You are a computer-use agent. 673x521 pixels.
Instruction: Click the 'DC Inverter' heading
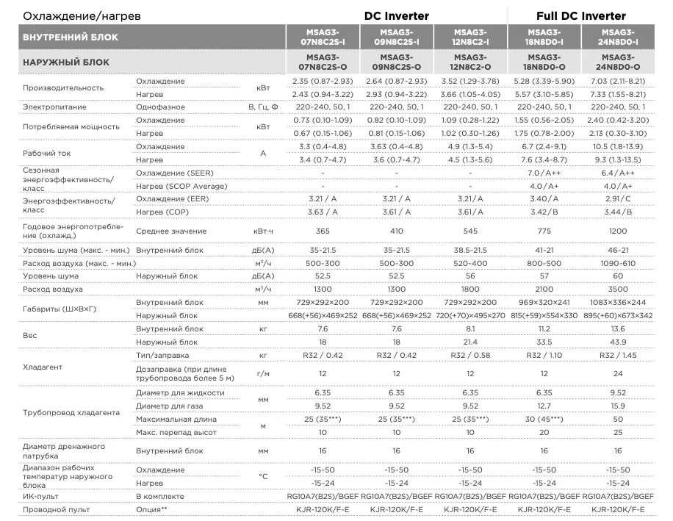pyautogui.click(x=397, y=15)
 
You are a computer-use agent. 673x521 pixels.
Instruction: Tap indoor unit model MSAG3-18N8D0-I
pyautogui.click(x=544, y=37)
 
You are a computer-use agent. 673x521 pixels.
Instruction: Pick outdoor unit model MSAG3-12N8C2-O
pyautogui.click(x=470, y=62)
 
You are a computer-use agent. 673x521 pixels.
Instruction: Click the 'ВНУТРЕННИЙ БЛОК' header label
pyautogui.click(x=71, y=37)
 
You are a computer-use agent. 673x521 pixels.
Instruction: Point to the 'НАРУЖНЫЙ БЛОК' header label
pyautogui.click(x=66, y=62)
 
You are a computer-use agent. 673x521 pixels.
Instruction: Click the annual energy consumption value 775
pyautogui.click(x=544, y=231)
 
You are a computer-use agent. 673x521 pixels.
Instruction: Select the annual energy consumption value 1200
pyautogui.click(x=617, y=231)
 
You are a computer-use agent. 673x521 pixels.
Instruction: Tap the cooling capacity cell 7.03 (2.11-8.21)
pyautogui.click(x=617, y=81)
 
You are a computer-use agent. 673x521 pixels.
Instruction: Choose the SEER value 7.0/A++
pyautogui.click(x=544, y=173)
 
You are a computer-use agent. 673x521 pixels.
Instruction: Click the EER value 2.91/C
pyautogui.click(x=617, y=199)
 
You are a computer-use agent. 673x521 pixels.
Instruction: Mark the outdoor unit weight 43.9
pyautogui.click(x=617, y=342)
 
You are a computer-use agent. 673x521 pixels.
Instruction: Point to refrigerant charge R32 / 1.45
pyautogui.click(x=617, y=355)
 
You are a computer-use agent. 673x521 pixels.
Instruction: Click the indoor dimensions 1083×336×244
pyautogui.click(x=617, y=303)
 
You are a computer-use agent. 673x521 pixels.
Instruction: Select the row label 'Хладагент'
pyautogui.click(x=43, y=367)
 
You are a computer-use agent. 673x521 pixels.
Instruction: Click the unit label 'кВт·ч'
pyautogui.click(x=262, y=231)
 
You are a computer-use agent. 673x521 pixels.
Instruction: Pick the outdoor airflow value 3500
pyautogui.click(x=617, y=290)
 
